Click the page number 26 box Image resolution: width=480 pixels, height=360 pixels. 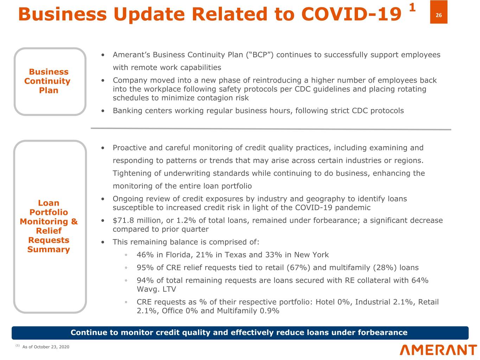pos(439,15)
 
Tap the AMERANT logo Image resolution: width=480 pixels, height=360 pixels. pos(438,350)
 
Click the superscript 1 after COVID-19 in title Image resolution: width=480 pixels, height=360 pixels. pos(412,7)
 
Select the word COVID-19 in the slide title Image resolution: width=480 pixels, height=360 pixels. pos(351,15)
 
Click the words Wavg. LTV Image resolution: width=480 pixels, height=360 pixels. pos(156,289)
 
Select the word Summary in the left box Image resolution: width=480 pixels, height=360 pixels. pos(49,250)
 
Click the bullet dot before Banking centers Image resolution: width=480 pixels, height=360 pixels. pos(103,111)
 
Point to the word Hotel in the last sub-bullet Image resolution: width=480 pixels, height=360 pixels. pos(325,302)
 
